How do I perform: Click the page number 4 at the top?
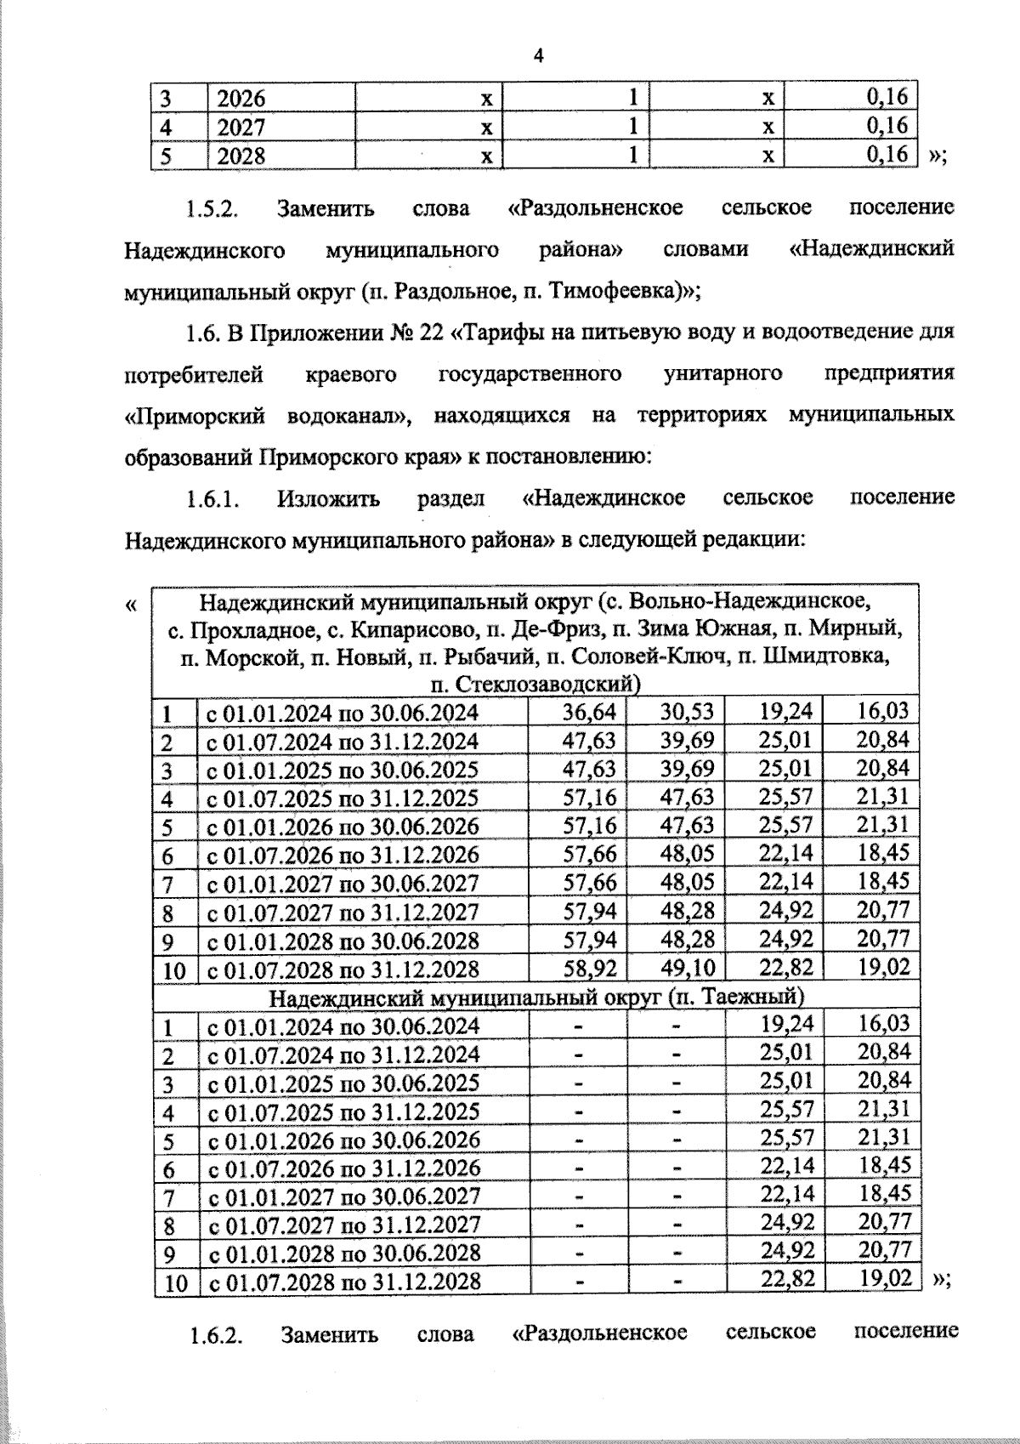537,56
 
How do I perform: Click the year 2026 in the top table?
241,98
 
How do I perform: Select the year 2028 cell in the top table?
241,156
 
